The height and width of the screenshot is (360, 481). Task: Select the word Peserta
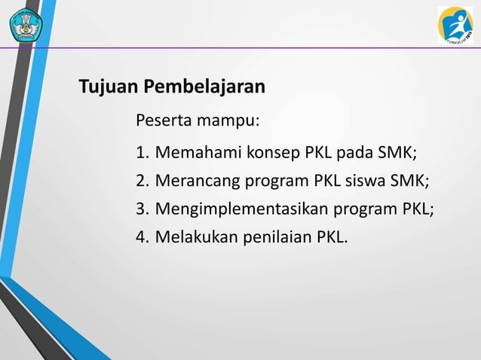pos(162,121)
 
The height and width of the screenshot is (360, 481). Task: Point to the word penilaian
pos(272,238)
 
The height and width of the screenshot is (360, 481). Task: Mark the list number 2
pos(141,182)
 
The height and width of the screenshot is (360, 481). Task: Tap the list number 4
pos(141,238)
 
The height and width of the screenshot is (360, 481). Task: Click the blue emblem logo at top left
pos(26,25)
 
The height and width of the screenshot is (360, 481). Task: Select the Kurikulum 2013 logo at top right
pos(455,24)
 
